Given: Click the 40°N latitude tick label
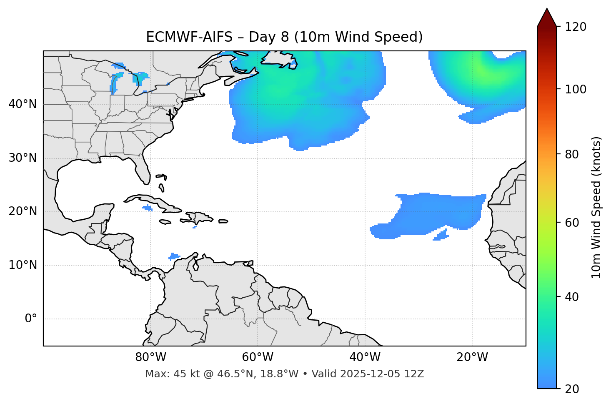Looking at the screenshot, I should pos(23,104).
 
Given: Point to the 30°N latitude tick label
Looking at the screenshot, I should pos(23,158).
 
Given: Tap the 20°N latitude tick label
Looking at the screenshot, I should pos(23,211).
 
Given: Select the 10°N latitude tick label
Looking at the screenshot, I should pos(23,265).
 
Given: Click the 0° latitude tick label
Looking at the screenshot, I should pos(31,319).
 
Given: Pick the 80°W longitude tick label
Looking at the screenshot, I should pos(150,357).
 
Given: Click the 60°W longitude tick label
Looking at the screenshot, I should pos(258,357).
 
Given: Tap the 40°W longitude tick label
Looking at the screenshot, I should pos(365,357).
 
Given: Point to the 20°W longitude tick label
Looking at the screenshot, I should pos(472,357).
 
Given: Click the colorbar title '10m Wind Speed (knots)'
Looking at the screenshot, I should pos(596,207).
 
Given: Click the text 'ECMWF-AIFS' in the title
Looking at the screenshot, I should pos(189,37).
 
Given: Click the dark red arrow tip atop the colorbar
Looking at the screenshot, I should pos(547,17).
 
